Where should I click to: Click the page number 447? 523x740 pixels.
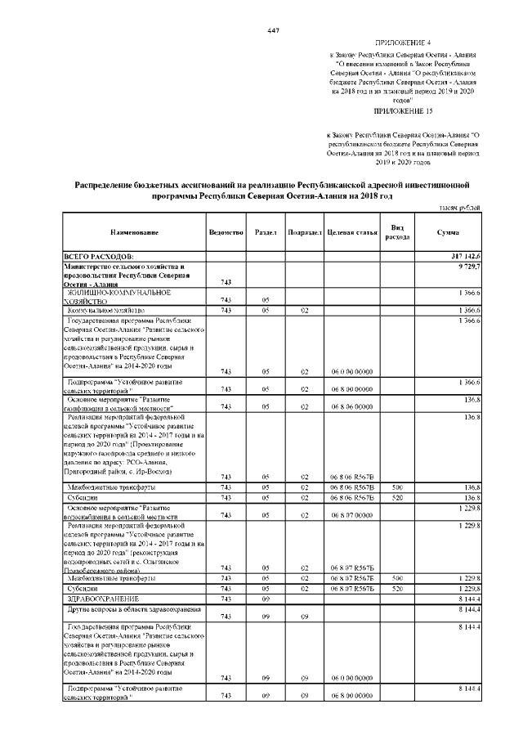click(x=274, y=30)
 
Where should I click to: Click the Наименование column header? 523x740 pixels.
click(x=130, y=233)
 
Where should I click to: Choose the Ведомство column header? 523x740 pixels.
click(x=226, y=233)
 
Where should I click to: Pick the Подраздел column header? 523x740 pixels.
click(x=304, y=233)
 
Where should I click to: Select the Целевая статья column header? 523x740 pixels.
click(x=351, y=233)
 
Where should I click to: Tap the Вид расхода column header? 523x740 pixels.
click(x=397, y=232)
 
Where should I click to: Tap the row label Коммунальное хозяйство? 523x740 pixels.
click(x=105, y=311)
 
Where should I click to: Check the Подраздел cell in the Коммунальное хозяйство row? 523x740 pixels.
click(x=304, y=311)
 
